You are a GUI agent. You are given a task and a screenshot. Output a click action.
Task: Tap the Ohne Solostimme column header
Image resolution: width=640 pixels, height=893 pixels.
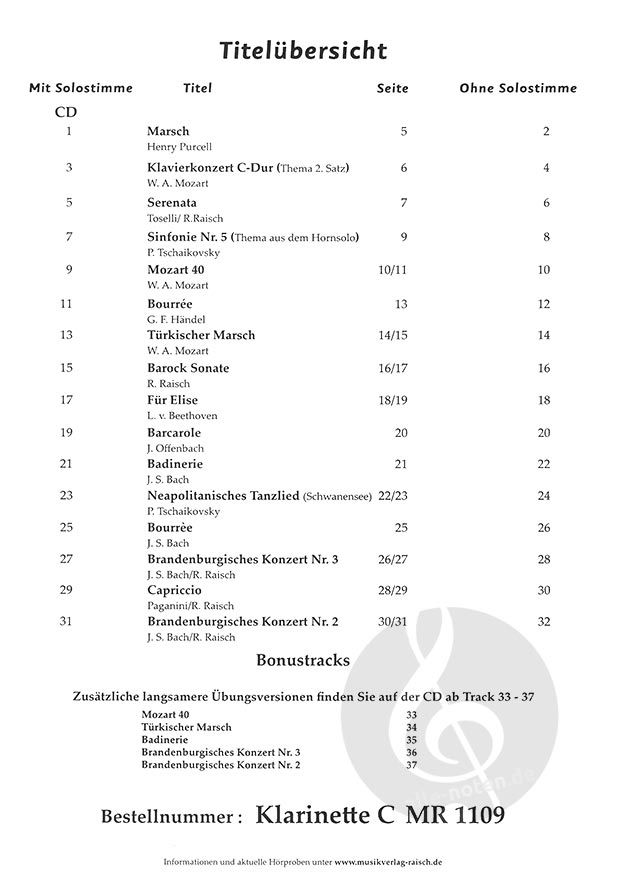pos(518,88)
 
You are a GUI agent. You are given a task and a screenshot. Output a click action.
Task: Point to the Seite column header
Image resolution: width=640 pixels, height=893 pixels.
pos(392,88)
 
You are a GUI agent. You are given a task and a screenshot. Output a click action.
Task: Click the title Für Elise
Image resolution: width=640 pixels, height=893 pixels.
pos(173,400)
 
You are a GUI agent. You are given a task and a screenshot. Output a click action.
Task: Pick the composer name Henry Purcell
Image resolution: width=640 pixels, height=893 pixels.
pos(179,146)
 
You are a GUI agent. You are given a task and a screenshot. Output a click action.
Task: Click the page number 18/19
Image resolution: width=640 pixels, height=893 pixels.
pos(391,400)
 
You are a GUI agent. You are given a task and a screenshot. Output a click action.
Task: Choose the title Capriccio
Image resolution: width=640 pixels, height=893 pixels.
pos(175,590)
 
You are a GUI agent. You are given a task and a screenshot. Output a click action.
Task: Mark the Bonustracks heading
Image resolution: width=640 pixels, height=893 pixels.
pos(303,661)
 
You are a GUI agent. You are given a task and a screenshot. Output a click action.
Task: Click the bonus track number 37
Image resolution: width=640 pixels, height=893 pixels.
pos(411,765)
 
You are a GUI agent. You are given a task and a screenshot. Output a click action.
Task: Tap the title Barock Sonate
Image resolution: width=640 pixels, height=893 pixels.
pos(188,368)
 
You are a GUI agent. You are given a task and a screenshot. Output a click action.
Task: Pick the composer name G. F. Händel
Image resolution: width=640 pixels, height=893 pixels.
pos(176,319)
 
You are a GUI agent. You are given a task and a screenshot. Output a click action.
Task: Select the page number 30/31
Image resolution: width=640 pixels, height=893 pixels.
pos(391,622)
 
